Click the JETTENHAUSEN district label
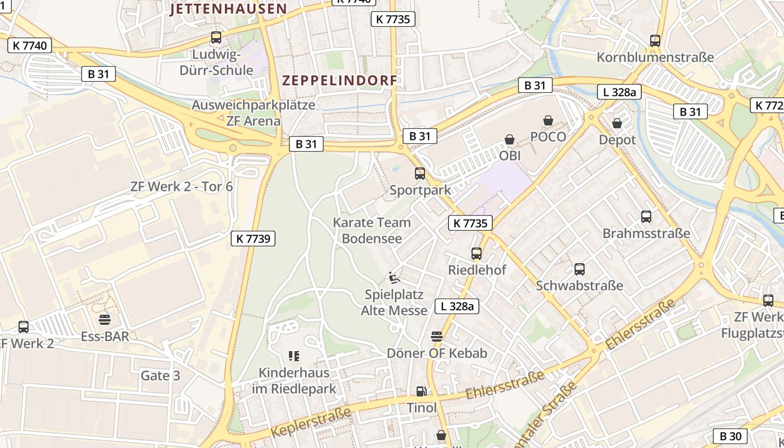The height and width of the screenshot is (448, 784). [x=228, y=9]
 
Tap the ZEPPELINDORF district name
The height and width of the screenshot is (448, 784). [x=339, y=80]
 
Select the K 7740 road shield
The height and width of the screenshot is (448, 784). [x=30, y=45]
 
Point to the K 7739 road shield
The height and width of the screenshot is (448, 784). [x=253, y=239]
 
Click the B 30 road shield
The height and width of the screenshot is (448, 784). [x=730, y=436]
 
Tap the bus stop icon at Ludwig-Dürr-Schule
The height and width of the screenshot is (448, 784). [x=216, y=38]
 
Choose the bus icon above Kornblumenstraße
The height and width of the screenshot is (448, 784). [x=655, y=40]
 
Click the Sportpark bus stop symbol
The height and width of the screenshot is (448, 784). [x=420, y=174]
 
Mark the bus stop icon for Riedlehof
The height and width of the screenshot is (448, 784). [x=477, y=254]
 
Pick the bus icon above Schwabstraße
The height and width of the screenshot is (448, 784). [x=580, y=269]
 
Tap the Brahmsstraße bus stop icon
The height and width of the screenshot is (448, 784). [x=646, y=217]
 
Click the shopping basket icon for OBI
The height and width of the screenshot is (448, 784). [x=510, y=139]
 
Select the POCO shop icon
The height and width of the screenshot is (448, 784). [x=548, y=120]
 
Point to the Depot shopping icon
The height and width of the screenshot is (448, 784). [x=617, y=123]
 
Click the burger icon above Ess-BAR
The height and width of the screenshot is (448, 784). [x=105, y=320]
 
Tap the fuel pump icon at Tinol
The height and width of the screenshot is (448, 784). [x=421, y=391]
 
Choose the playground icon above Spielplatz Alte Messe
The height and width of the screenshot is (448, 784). [x=394, y=277]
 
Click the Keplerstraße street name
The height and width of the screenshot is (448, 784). [x=311, y=422]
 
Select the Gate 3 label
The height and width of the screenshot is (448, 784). [x=160, y=375]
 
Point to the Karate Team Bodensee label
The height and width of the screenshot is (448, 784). [x=372, y=230]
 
